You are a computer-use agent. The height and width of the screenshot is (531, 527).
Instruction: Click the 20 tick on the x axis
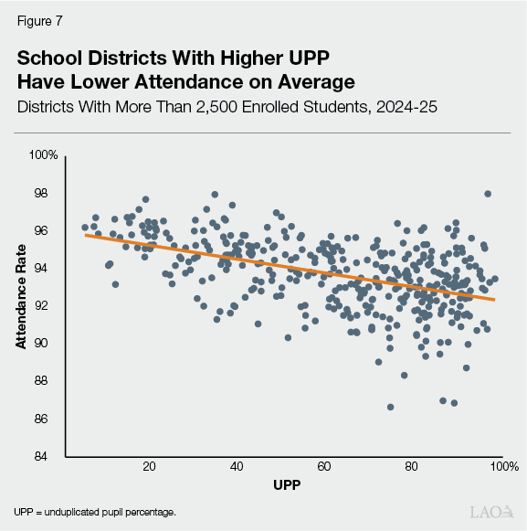coord(149,467)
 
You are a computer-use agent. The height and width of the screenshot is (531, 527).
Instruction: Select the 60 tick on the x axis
coord(324,467)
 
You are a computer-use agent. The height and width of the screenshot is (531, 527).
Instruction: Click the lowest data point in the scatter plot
coord(391,407)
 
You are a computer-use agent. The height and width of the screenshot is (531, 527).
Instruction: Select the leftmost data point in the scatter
coord(85,228)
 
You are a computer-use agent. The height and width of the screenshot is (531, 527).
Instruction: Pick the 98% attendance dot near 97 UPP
coord(488,194)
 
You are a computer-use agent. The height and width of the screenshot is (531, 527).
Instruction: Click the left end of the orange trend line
coord(85,235)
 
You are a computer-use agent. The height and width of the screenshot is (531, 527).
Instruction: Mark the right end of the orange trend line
coord(495,299)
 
